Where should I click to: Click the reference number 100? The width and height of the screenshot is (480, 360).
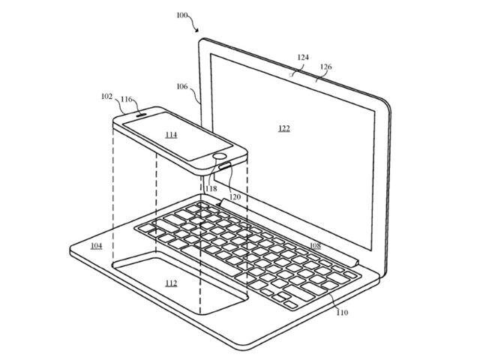pos(182,15)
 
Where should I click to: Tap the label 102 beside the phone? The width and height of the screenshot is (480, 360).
pos(106,97)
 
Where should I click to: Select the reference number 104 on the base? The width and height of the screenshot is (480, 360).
pos(97,246)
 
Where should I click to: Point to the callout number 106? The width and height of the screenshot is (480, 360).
pos(182,87)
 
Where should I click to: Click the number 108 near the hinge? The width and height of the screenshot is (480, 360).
pos(315,245)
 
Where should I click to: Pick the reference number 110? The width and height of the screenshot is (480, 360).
pos(342,312)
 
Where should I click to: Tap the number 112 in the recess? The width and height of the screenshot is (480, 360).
pos(171,283)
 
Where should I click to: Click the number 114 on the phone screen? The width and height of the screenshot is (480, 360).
pos(171,135)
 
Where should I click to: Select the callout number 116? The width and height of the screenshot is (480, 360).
pos(127,99)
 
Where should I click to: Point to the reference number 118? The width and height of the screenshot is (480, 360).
pos(211,188)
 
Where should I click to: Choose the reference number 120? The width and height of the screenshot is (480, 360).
pos(235,196)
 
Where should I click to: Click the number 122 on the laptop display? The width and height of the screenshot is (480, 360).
pos(284,128)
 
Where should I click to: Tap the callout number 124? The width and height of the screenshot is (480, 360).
pos(303,57)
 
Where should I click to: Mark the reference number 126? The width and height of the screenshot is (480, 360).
pos(326,67)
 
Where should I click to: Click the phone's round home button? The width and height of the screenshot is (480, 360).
pos(219,157)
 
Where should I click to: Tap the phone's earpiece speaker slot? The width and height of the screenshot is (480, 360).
pos(141,115)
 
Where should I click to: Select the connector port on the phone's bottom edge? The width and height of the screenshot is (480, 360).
pos(225,166)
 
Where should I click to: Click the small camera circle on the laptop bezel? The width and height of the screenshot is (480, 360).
pos(292,74)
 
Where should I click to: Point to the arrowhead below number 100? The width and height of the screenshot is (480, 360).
pos(197,30)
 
